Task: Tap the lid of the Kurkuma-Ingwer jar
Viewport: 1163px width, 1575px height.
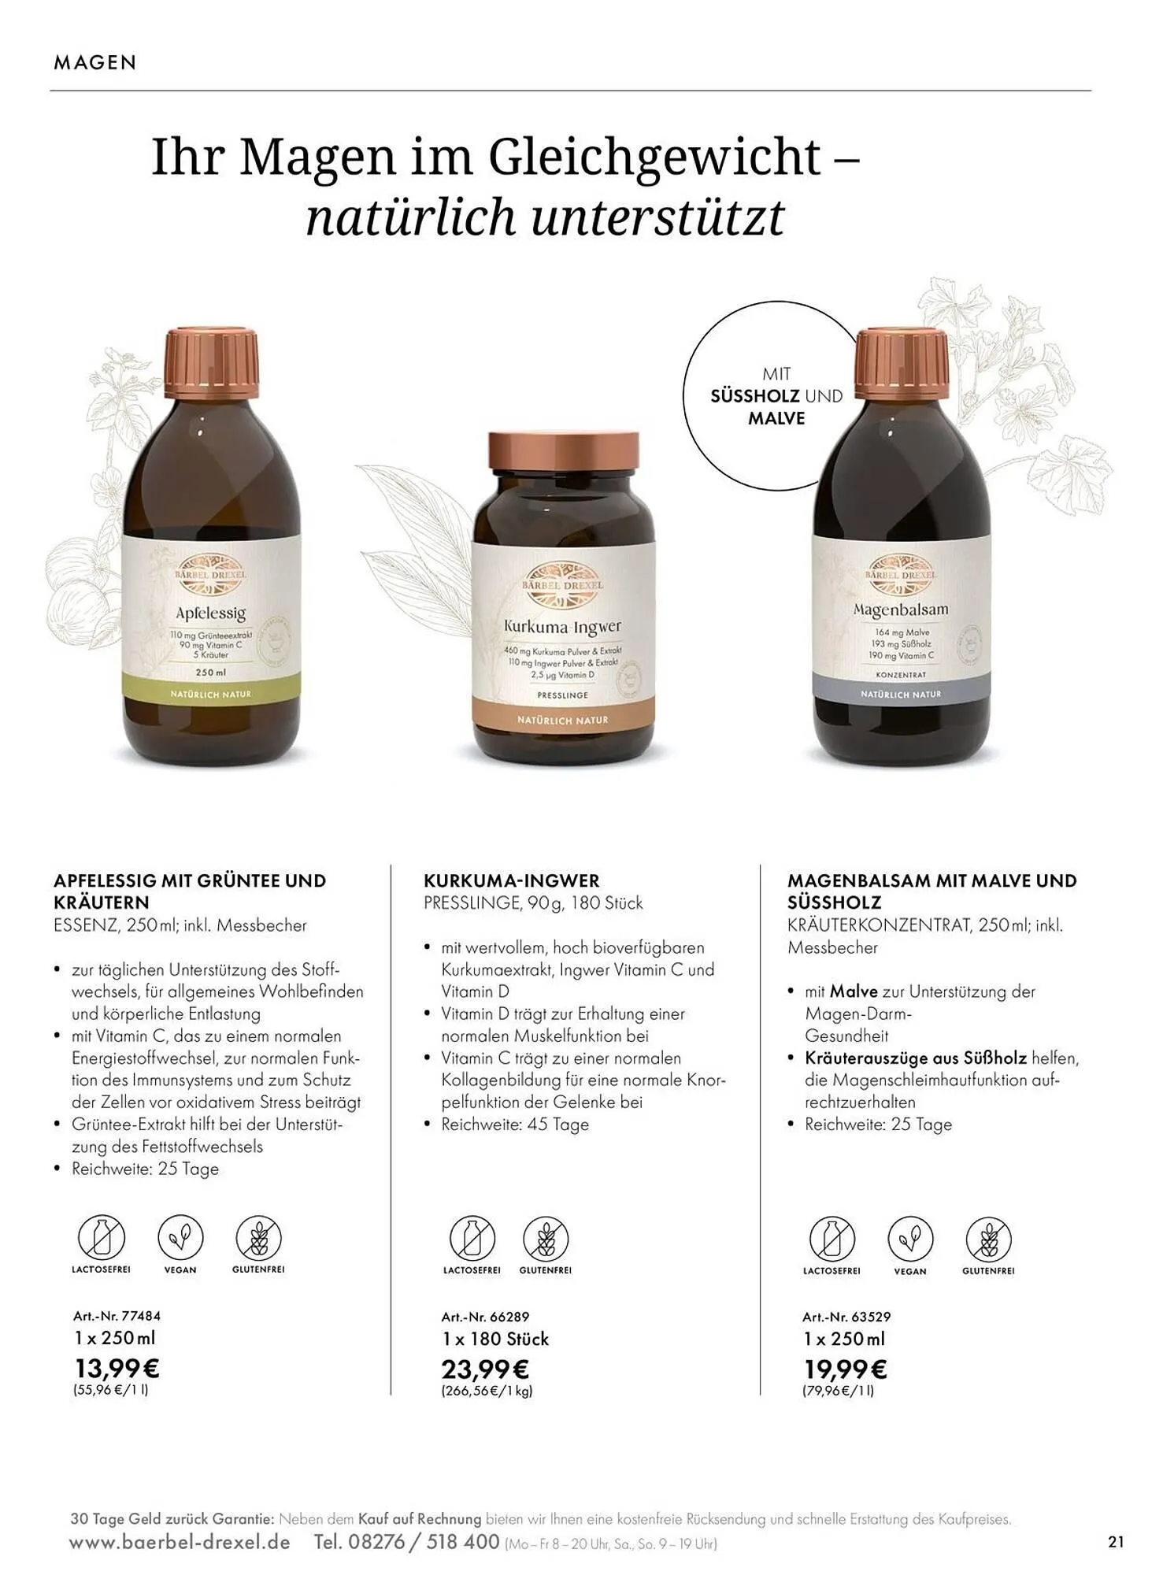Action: click(563, 461)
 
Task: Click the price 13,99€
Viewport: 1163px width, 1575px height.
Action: click(117, 1368)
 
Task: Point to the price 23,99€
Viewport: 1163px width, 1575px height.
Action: click(485, 1369)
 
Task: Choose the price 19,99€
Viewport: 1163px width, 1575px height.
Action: click(845, 1369)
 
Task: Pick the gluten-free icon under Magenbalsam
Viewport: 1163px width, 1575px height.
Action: click(988, 1240)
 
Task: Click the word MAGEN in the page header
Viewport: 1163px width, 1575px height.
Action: click(95, 63)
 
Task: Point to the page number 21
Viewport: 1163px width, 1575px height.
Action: click(1116, 1542)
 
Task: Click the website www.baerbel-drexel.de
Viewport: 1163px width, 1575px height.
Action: click(180, 1542)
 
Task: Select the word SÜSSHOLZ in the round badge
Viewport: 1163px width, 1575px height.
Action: click(755, 396)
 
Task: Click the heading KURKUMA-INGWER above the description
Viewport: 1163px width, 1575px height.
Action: click(512, 880)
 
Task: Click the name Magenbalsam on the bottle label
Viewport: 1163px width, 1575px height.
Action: click(901, 610)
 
